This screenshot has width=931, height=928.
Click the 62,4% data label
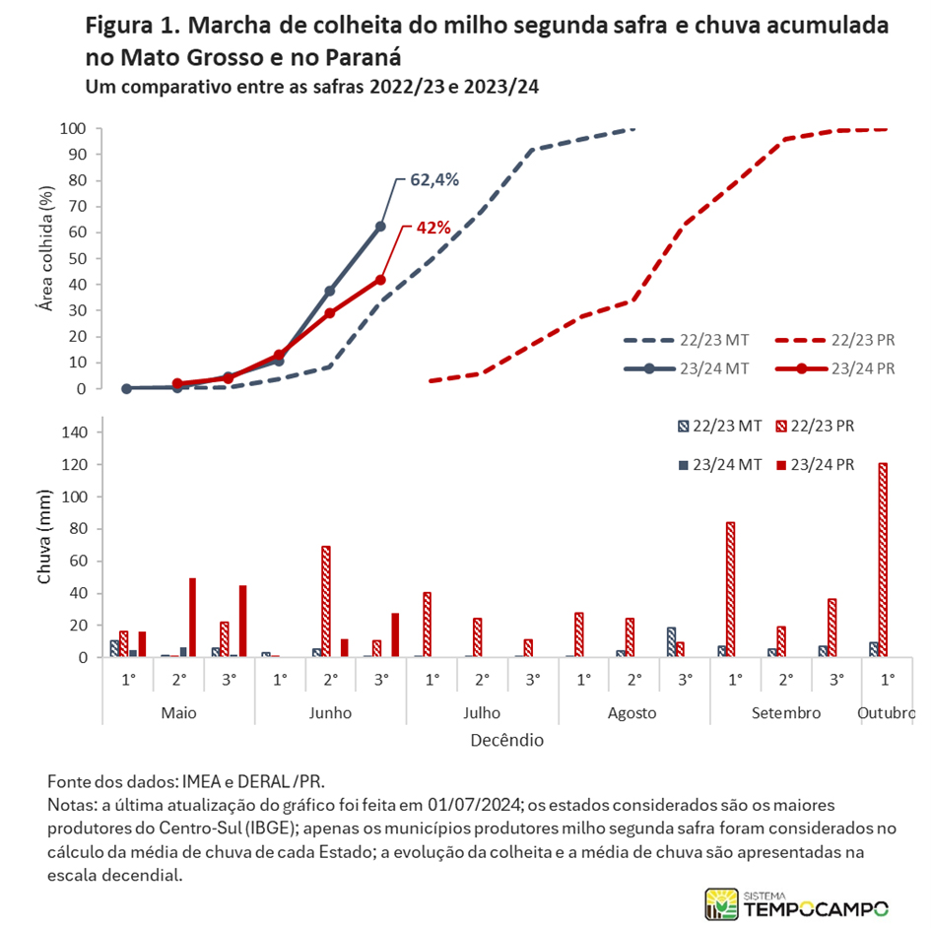click(x=434, y=180)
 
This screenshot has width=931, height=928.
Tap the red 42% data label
click(x=432, y=228)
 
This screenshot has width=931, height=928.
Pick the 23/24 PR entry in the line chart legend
click(x=834, y=368)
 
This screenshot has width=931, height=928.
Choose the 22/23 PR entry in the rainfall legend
click(x=815, y=427)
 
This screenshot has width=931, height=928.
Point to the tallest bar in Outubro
click(x=883, y=560)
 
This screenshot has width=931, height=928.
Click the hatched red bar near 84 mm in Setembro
click(x=730, y=589)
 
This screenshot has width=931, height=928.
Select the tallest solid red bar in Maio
click(x=192, y=618)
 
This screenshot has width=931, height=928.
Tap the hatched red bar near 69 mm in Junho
click(x=326, y=602)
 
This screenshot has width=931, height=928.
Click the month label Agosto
click(x=632, y=713)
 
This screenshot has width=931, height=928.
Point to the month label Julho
click(x=482, y=713)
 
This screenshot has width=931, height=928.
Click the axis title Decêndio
click(x=507, y=741)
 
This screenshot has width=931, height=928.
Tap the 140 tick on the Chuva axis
click(x=74, y=432)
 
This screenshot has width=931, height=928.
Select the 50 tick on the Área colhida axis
click(x=77, y=258)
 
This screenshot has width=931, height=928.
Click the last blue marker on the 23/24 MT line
click(x=380, y=227)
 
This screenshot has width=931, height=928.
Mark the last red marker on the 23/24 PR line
click(x=380, y=280)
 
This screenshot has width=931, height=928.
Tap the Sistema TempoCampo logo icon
click(x=721, y=904)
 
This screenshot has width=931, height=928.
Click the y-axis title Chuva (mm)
click(x=44, y=537)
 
